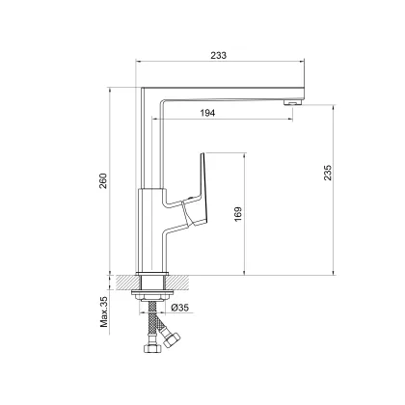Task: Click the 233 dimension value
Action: click(x=219, y=55)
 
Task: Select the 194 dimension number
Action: click(x=207, y=113)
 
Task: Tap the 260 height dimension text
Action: click(x=103, y=181)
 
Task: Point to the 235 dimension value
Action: click(x=327, y=173)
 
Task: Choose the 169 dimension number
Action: click(x=238, y=214)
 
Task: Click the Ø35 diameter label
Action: click(x=179, y=308)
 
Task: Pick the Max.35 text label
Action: click(x=104, y=311)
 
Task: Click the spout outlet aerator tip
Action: click(x=292, y=103)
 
